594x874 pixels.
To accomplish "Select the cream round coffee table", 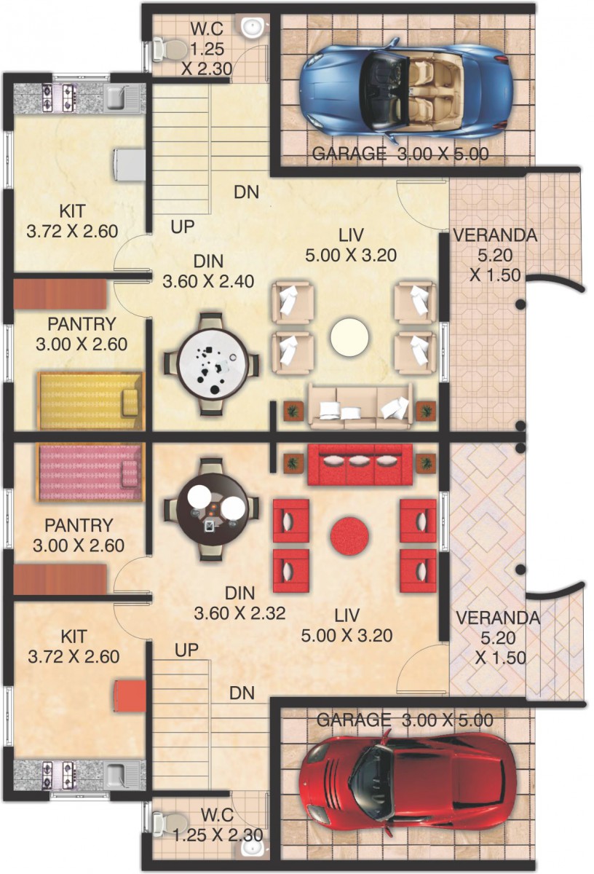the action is tap(349, 337).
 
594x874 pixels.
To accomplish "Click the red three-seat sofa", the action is tap(355, 465).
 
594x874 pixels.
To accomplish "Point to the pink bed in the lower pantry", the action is tap(90, 471).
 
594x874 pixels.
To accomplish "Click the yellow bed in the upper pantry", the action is tap(91, 401).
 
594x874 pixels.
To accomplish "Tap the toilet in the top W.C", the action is tap(169, 50).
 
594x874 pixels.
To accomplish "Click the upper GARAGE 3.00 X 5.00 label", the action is tap(400, 154).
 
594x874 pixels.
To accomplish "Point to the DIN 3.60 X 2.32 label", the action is tap(240, 604).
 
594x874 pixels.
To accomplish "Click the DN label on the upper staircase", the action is tap(247, 192).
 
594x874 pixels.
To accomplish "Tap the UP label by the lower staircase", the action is tap(186, 650).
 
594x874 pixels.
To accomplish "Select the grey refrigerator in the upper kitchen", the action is tap(130, 164).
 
